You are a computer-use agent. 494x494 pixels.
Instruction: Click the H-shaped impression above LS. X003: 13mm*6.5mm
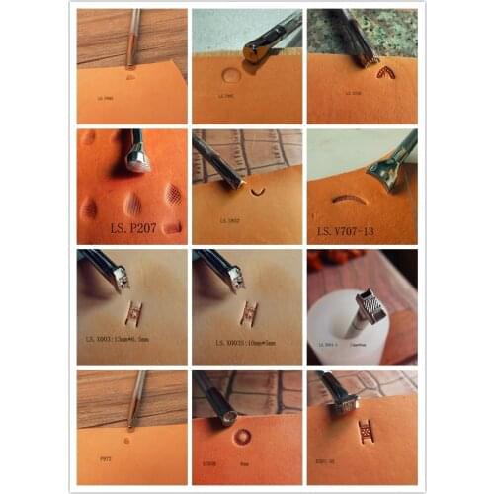(131, 315)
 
